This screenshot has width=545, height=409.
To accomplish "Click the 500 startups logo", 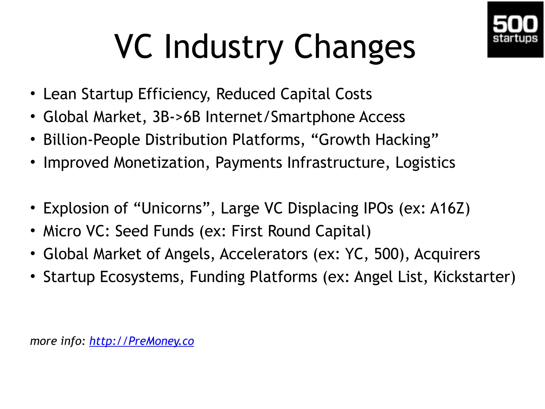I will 515,29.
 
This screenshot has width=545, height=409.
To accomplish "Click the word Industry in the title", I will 224,47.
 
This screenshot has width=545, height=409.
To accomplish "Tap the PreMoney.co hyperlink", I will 142,341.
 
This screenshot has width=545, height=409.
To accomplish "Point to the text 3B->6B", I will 176,117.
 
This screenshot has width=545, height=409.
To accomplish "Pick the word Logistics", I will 425,163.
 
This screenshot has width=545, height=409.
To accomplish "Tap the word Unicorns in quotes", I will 172,208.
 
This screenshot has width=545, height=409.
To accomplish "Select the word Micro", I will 62,231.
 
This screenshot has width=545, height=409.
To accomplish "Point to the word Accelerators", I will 263,254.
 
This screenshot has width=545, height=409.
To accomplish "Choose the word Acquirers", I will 447,254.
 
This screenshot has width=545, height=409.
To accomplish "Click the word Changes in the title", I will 354,47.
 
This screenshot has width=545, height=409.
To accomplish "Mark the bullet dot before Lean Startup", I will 33,94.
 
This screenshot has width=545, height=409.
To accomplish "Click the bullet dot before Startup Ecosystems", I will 33,277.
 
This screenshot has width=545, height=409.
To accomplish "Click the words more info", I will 57,341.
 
